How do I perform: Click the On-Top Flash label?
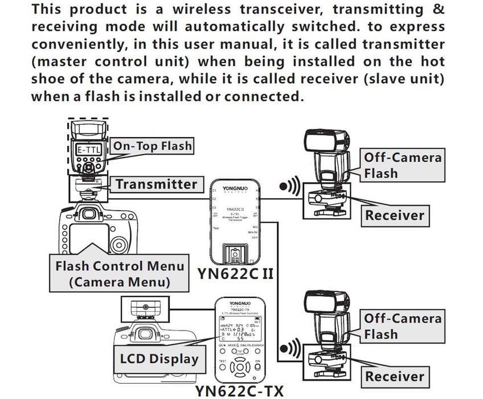[x=152, y=146]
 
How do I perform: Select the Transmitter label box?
[x=155, y=184]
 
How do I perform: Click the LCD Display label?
[x=159, y=359]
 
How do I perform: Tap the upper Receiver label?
[x=395, y=215]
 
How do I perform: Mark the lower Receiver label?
[x=395, y=376]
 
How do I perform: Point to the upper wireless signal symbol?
[x=289, y=187]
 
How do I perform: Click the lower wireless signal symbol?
[x=289, y=346]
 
